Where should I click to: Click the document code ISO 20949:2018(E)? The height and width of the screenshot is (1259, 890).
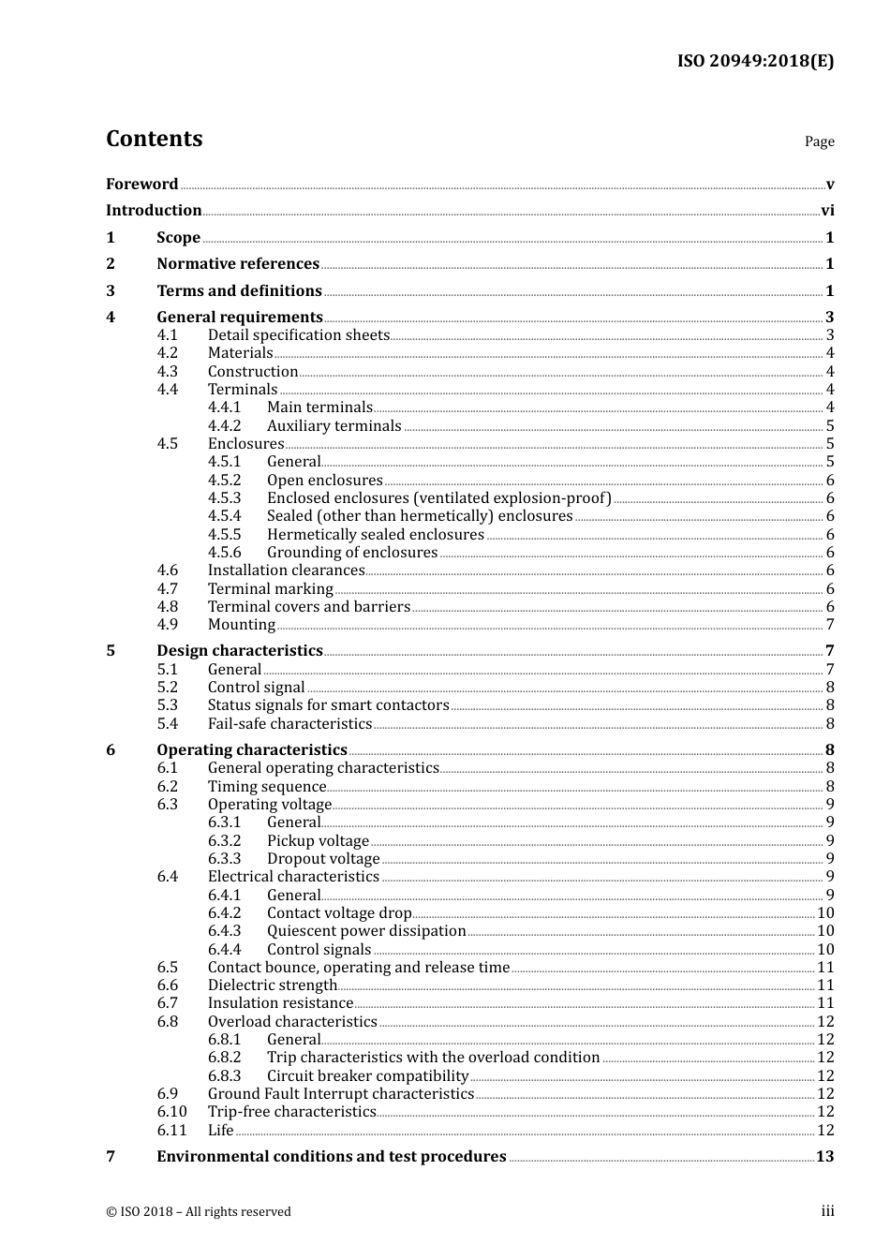(755, 61)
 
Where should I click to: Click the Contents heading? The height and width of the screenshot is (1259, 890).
(154, 139)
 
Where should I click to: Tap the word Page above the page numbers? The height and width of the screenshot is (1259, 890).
(819, 141)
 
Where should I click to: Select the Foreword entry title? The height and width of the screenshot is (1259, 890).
(141, 185)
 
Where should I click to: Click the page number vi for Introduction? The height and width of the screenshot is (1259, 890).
(827, 211)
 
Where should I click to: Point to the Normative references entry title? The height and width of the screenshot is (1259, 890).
(238, 264)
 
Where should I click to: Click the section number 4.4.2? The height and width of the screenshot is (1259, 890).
(224, 426)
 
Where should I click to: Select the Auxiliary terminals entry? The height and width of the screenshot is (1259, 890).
(334, 426)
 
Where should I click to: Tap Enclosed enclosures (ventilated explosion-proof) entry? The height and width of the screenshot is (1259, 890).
(438, 498)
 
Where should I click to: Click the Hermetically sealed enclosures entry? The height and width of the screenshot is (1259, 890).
(375, 535)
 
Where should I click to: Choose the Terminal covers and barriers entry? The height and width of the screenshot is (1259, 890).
(308, 607)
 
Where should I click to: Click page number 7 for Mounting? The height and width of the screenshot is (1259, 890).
(830, 625)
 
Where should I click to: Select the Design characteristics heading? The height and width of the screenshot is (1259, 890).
(239, 651)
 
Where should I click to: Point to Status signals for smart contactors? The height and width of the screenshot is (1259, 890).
(328, 705)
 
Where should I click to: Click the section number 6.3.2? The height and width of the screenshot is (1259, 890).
(224, 841)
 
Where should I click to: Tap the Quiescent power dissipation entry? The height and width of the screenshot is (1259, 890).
(366, 931)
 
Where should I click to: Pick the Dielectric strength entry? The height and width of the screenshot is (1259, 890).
(272, 985)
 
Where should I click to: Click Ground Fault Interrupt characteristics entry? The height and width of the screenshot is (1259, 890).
(340, 1094)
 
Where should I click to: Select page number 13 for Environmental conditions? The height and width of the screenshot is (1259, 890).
(824, 1157)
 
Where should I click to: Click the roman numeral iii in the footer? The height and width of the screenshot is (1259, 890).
(827, 1211)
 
